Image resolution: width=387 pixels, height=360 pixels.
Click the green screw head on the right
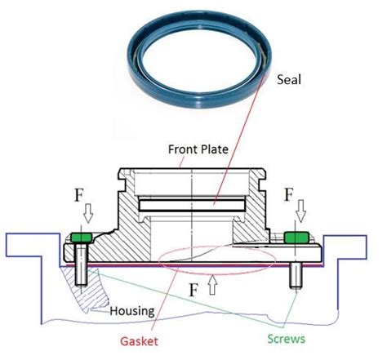296,238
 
